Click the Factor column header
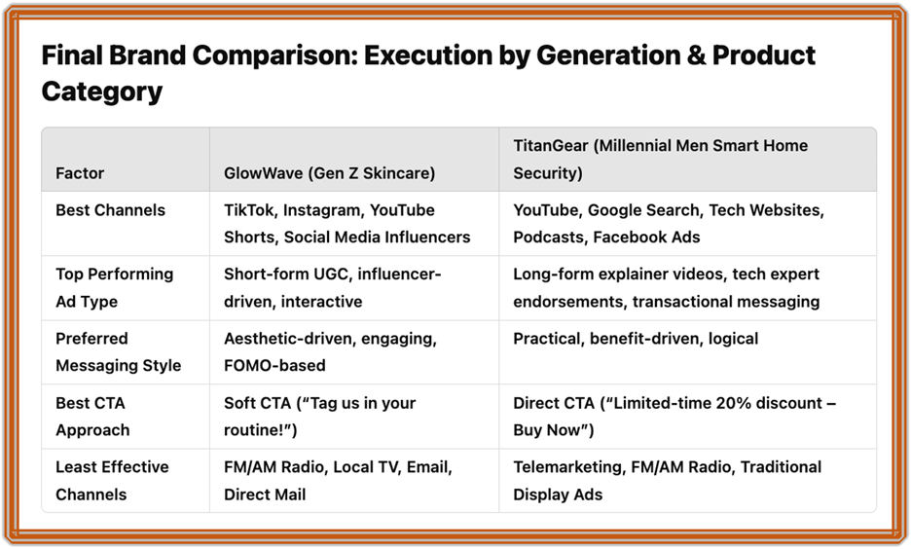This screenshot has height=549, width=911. [x=80, y=173]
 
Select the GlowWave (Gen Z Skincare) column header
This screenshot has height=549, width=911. [x=329, y=173]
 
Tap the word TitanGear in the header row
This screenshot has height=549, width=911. [x=551, y=145]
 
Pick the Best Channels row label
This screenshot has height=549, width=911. [x=110, y=210]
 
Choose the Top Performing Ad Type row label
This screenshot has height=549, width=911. [x=115, y=287]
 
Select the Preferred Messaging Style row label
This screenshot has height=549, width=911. [x=119, y=352]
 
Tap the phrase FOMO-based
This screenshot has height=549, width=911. [x=274, y=365]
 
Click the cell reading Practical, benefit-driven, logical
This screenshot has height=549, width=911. [x=636, y=339]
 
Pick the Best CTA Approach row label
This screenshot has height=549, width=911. [x=93, y=417]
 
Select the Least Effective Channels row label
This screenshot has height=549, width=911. [x=112, y=481]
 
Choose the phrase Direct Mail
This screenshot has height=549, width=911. [x=265, y=494]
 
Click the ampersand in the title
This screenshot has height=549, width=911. [x=697, y=55]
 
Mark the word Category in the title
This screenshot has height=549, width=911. [x=102, y=91]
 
